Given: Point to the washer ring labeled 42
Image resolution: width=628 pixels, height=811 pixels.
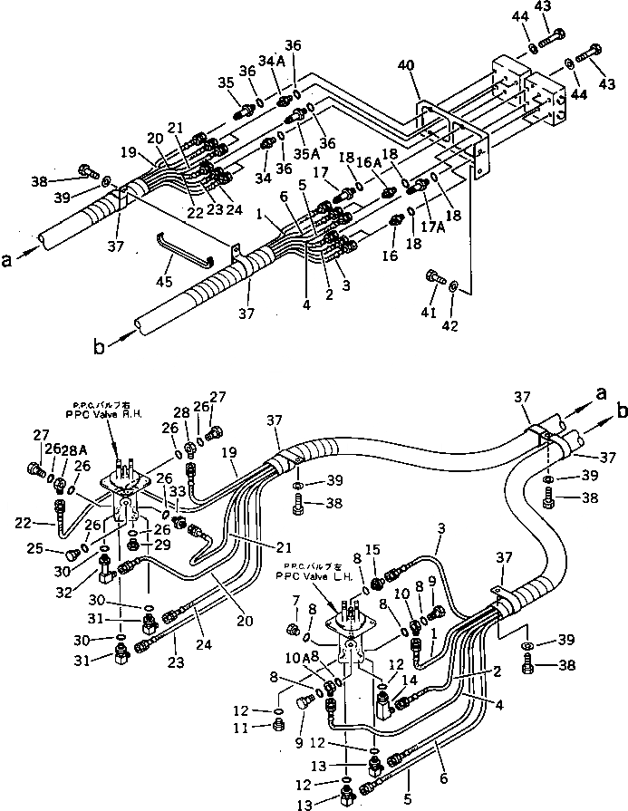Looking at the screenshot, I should (x=455, y=290).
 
